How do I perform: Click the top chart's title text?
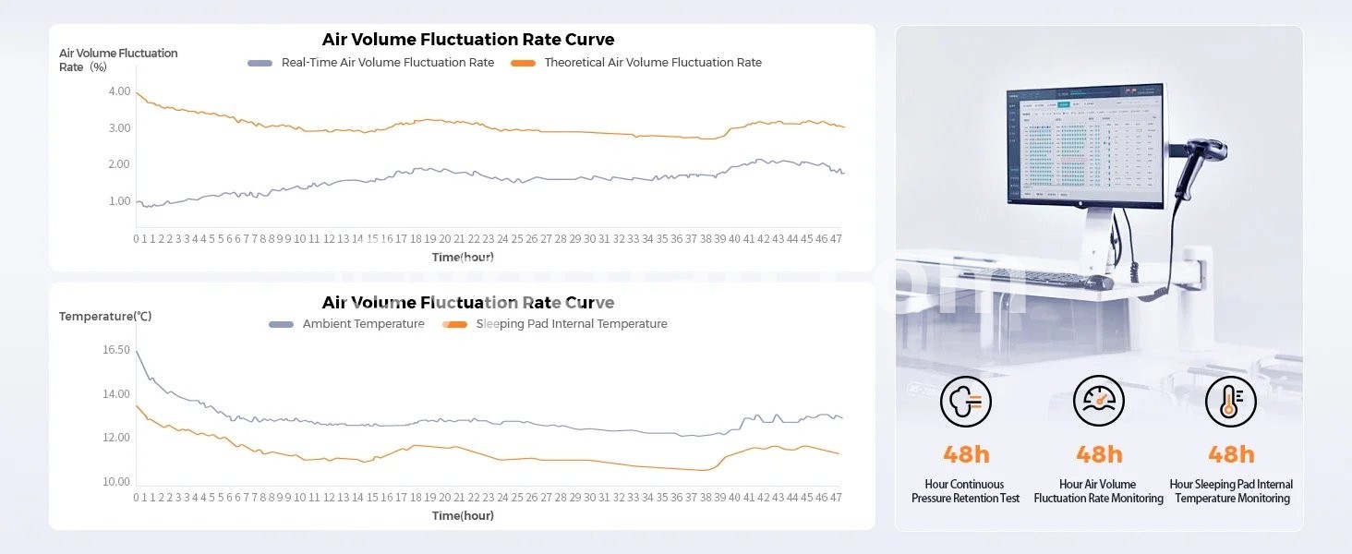coord(467,40)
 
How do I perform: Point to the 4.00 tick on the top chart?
coord(119,91)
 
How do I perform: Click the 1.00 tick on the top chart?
coord(119,201)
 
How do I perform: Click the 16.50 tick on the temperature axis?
coord(116,350)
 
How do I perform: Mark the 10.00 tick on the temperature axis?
coord(116,482)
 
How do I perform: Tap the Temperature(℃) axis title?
coord(105,317)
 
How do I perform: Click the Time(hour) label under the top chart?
coord(463,257)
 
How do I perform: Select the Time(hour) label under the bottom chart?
coord(463,515)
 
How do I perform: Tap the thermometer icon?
coord(1231,402)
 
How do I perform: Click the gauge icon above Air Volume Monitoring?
coord(1098,402)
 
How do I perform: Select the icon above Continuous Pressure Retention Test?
coord(966,402)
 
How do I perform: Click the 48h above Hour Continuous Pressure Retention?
coord(966,454)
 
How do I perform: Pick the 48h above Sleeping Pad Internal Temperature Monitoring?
coord(1231,454)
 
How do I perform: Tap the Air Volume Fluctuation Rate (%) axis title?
coord(118,60)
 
